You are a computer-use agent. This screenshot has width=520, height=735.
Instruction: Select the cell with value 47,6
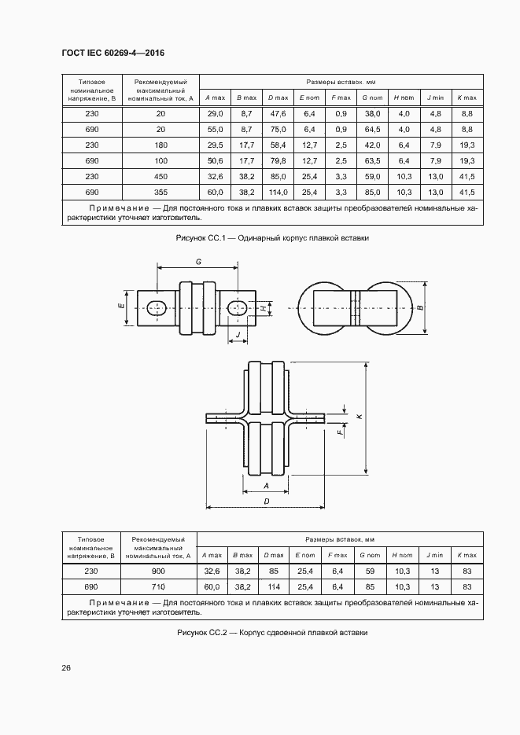pyautogui.click(x=278, y=114)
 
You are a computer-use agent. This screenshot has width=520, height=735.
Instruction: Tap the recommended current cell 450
pyautogui.click(x=160, y=176)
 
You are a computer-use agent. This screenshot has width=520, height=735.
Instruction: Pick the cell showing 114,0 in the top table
pyautogui.click(x=278, y=192)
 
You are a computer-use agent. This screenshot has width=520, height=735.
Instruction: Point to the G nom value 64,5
pyautogui.click(x=372, y=130)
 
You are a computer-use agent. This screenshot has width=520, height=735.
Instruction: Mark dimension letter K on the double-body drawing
pyautogui.click(x=358, y=417)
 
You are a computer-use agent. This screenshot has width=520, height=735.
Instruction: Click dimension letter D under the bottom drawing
pyautogui.click(x=267, y=500)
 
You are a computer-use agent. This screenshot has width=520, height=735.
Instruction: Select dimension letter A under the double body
pyautogui.click(x=267, y=486)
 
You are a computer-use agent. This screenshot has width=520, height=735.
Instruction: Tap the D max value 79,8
pyautogui.click(x=278, y=160)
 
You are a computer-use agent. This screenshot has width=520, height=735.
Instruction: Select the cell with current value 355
pyautogui.click(x=160, y=192)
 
